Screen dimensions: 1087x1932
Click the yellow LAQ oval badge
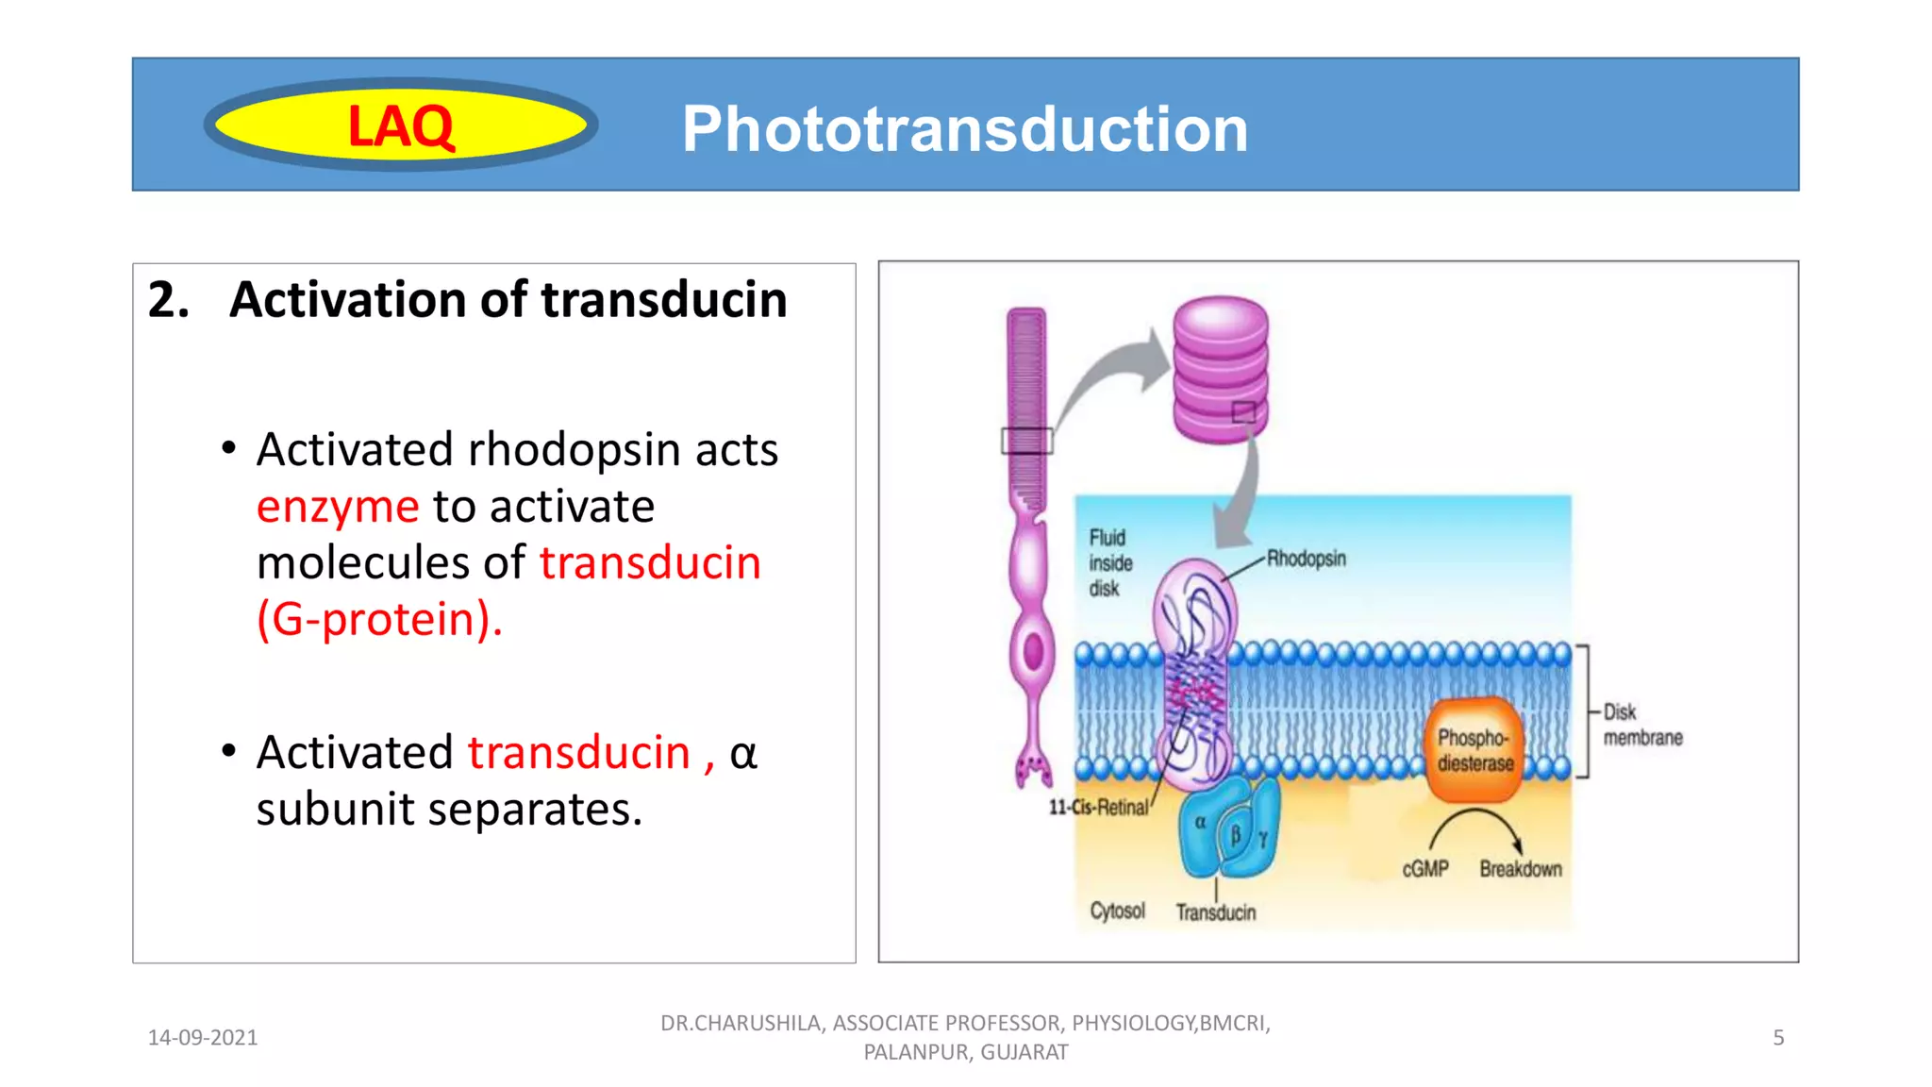401,125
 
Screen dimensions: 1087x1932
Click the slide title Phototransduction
964,128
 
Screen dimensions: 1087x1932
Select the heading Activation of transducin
508,300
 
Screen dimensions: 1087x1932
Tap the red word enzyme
338,507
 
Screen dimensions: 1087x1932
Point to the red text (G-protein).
379,620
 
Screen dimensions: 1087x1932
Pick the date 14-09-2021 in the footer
203,1038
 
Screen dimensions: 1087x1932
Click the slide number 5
1778,1038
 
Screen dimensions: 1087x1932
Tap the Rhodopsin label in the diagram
1306,559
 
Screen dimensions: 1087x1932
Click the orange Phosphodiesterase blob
1474,750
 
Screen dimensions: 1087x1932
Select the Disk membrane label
1641,725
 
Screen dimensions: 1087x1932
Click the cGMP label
1424,869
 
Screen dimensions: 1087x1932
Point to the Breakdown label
1520,869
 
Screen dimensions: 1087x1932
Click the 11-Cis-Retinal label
1098,808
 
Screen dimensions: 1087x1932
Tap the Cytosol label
1117,911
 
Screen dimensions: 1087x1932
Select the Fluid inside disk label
1109,563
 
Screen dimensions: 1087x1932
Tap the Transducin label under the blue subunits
1215,912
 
